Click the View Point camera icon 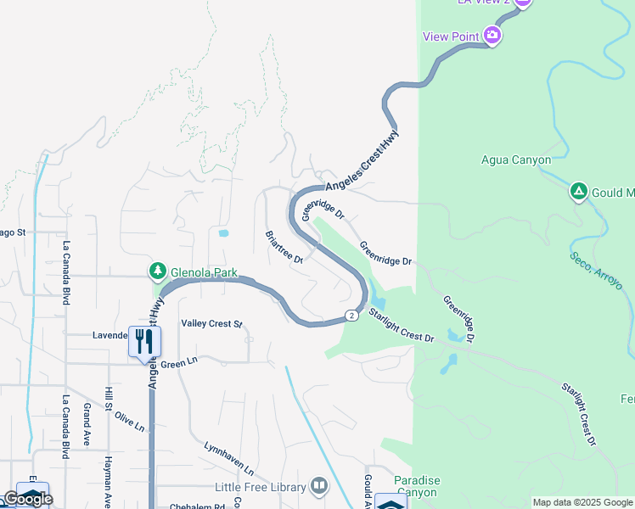point(492,35)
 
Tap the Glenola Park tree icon point(157,271)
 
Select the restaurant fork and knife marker point(143,341)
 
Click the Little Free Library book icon point(319,485)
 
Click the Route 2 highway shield point(351,316)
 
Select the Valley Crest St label point(211,323)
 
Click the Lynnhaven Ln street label point(228,457)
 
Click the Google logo point(27,499)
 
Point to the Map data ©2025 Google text point(582,502)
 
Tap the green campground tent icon point(578,192)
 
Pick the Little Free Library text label point(261,487)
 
